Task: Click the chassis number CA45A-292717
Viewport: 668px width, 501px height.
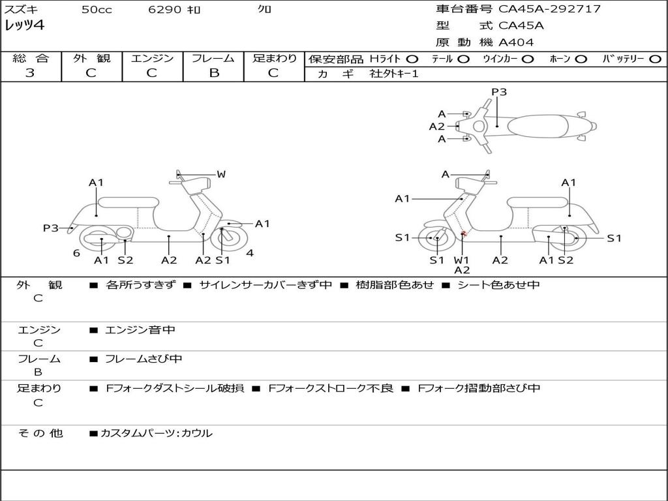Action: tap(549, 9)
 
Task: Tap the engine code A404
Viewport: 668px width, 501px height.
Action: tap(516, 42)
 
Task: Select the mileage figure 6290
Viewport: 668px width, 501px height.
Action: tap(165, 9)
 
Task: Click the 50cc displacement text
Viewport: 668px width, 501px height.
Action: tap(97, 9)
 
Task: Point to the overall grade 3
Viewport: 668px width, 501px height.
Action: tap(30, 72)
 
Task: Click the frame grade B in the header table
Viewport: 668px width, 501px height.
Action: tap(214, 72)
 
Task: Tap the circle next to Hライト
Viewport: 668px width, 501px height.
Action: tap(412, 59)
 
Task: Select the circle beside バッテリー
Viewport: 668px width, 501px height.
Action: tap(655, 59)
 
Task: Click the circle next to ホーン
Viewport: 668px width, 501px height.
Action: tap(581, 59)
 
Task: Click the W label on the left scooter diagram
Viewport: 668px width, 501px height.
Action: tap(221, 174)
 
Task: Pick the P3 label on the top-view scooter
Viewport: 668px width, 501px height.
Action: tap(499, 91)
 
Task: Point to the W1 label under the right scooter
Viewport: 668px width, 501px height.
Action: tap(461, 260)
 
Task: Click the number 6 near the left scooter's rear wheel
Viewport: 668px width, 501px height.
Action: tap(76, 253)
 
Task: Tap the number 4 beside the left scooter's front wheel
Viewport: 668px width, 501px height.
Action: tap(250, 253)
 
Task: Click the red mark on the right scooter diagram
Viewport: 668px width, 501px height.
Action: tap(464, 234)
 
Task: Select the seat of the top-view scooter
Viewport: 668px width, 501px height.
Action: tap(538, 126)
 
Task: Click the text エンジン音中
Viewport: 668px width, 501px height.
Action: tap(140, 329)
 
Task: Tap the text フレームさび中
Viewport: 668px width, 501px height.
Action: tap(144, 359)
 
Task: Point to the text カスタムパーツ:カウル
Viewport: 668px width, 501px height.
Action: tap(157, 433)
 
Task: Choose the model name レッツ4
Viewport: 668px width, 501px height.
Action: tap(25, 25)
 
